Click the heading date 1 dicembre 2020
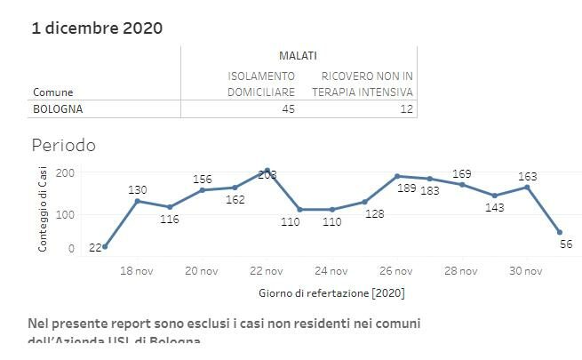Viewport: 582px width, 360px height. pos(97,28)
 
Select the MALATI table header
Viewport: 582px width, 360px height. pos(298,56)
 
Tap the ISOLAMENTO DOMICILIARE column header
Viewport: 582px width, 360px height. pos(261,84)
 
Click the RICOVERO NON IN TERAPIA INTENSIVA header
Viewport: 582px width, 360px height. pos(363,84)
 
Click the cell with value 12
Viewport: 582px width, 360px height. pos(406,109)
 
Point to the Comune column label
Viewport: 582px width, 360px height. pos(52,92)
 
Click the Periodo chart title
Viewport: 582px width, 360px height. pos(63,145)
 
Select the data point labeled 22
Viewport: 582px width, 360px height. pos(105,246)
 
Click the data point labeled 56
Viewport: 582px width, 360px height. pos(559,232)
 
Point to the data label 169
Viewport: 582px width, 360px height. pos(461,173)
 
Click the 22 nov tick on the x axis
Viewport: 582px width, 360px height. pos(267,272)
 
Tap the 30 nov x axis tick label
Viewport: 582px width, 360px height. pos(525,272)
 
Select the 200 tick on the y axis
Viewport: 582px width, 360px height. pos(66,172)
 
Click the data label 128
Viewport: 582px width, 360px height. pos(374,213)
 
